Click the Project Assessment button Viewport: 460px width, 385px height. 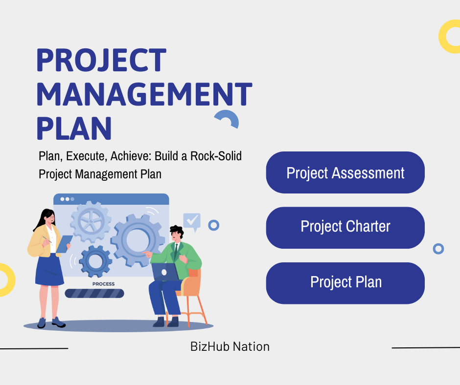345,172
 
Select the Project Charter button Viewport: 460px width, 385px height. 345,228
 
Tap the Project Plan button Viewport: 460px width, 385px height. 345,283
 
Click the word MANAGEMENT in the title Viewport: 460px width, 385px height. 144,94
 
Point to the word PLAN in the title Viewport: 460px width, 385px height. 74,128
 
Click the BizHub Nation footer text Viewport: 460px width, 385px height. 230,346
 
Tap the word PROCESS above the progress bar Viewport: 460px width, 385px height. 104,284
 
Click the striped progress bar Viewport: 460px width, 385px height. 94,293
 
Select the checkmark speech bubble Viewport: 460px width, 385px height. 192,221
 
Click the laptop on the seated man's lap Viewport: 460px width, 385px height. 165,272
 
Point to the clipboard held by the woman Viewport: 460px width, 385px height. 64,244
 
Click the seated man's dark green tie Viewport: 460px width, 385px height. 176,252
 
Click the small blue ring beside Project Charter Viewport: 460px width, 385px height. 438,249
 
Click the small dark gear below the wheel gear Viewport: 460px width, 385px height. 95,261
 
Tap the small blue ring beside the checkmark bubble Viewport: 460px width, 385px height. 213,225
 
